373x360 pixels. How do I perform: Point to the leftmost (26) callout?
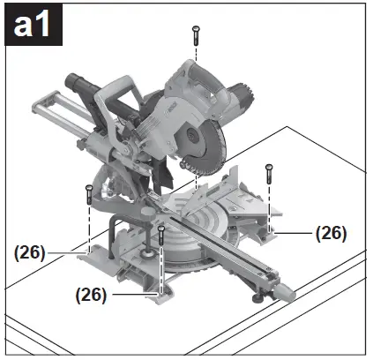(x=30, y=251)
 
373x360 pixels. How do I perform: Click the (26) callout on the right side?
(x=331, y=233)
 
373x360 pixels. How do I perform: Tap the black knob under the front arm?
(x=256, y=297)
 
